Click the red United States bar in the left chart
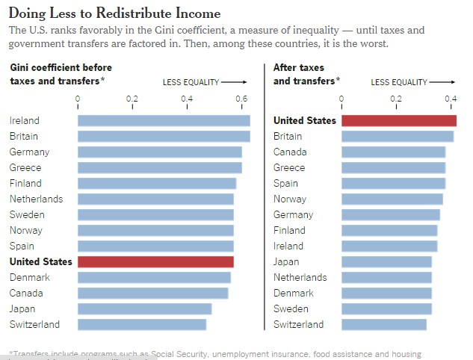155,261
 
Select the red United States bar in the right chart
398,120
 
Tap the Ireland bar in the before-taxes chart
164,120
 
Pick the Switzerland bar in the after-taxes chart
383,324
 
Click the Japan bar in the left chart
144,308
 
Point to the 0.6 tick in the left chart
241,99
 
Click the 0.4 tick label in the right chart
451,99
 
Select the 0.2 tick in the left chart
132,99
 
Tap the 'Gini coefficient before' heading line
61,67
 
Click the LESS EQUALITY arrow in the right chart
442,82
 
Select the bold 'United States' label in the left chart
41,261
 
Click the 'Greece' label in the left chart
25,167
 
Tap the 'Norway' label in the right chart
289,199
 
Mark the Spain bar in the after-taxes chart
393,183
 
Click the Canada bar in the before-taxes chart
152,293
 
